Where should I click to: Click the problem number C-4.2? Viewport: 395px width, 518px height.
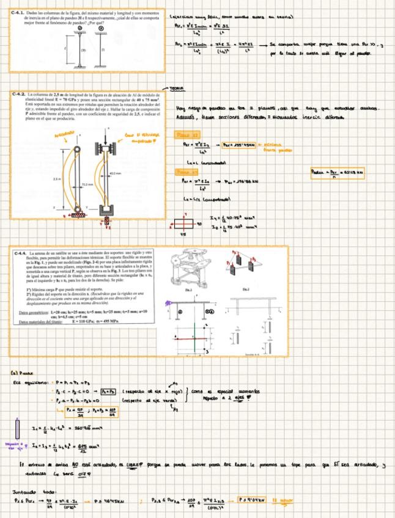click(19, 96)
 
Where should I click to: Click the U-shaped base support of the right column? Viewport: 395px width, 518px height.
click(108, 212)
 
